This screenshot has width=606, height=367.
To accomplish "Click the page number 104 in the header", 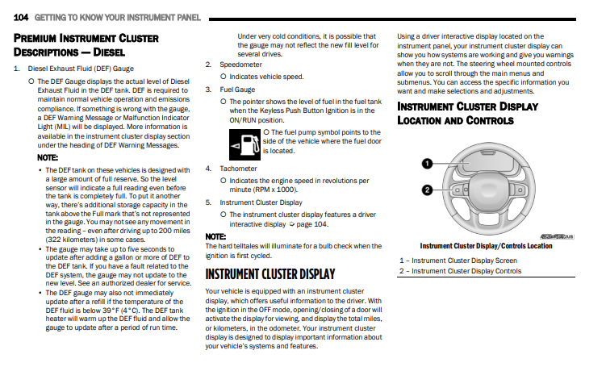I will (22, 17).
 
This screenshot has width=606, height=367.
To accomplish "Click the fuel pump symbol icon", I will (244, 144).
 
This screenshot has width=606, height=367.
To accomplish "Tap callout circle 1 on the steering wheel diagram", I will (426, 164).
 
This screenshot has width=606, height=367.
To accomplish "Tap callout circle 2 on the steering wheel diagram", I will (426, 189).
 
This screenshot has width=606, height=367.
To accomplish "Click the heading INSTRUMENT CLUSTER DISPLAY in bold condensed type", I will (270, 274).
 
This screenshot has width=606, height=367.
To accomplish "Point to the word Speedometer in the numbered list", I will (240, 64).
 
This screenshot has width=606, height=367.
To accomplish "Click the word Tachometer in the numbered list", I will (239, 169).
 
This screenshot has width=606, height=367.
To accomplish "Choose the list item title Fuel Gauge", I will (237, 90).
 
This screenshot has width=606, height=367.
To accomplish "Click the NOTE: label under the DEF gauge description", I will (48, 157).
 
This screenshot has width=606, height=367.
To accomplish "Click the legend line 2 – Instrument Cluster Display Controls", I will (460, 271).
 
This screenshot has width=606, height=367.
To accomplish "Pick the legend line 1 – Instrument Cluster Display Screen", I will (458, 261).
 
